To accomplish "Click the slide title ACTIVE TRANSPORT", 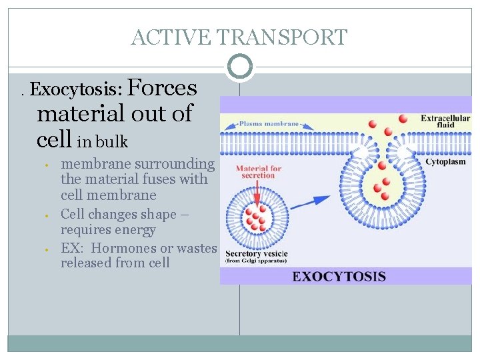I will [x=239, y=37].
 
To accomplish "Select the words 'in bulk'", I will [x=102, y=142].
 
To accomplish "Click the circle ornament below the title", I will [x=240, y=67].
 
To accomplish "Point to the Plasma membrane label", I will [x=261, y=123].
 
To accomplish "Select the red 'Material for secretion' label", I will [x=258, y=171].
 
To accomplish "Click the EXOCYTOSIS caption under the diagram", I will [x=339, y=276].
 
